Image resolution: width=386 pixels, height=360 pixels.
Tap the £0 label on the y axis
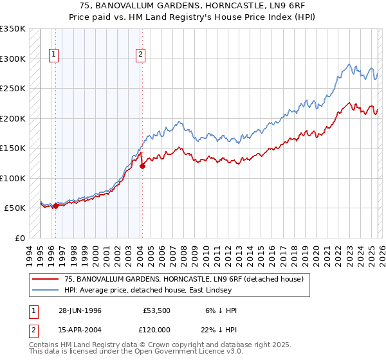[19, 238]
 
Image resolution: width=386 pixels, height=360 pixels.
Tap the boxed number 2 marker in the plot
[140, 55]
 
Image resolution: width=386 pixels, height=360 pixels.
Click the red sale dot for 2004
[142, 166]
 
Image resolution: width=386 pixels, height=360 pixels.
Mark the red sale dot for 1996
[55, 206]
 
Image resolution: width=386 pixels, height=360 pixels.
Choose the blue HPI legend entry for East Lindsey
[167, 291]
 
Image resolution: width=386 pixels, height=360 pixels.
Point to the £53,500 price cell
[154, 310]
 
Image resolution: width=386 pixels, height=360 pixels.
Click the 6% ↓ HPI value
[219, 310]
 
